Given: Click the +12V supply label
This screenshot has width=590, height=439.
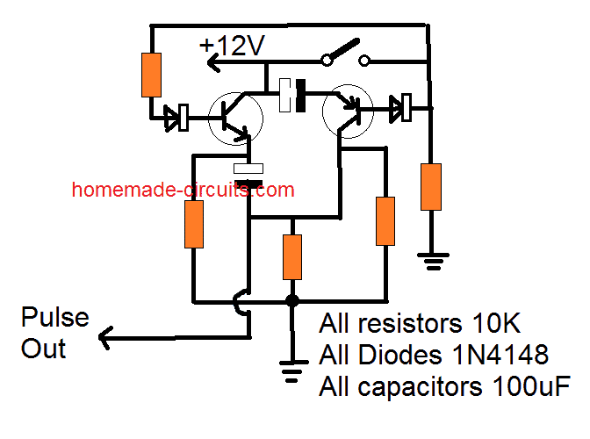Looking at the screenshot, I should coord(232,46).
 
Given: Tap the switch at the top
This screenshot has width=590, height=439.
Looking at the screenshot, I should coord(345,54).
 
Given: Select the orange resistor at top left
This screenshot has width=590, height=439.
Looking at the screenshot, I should coord(152,75).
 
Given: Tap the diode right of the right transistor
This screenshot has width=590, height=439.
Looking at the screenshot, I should coord(401,109).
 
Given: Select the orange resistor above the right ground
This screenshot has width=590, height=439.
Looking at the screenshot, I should coord(430,186).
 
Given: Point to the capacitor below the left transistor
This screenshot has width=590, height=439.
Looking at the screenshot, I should coord(249,175).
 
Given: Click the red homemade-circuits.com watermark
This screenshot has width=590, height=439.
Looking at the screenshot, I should coord(183,190).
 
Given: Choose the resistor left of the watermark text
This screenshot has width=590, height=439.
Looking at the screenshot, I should coord(193,224).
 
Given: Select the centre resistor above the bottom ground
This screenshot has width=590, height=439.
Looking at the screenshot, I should coord(292,255).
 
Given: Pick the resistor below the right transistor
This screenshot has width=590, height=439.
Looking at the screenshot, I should coord(386,221).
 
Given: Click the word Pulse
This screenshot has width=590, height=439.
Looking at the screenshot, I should coord(54,318).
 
